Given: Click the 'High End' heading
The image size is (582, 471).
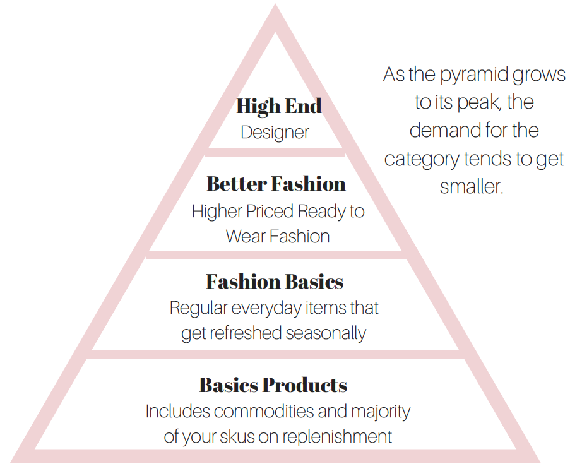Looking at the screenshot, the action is point(279,106).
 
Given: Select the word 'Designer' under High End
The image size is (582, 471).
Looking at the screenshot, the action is point(275,133).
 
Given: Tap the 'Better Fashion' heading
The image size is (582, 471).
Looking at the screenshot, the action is point(276,184).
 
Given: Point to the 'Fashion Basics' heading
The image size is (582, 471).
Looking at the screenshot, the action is point(275,281).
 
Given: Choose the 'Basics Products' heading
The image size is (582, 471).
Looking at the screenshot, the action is point(273,385).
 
